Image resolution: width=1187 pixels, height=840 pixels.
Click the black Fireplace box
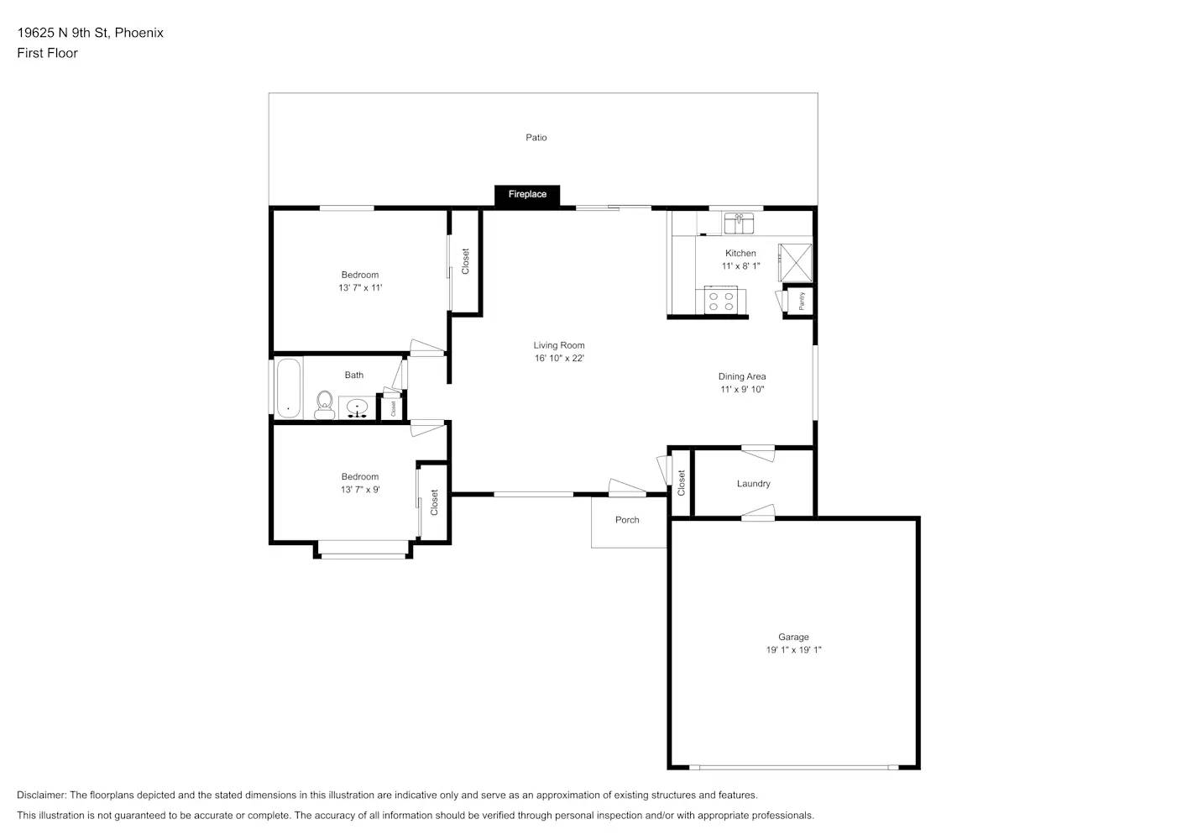click(x=527, y=195)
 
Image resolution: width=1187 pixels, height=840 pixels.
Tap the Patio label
click(x=536, y=138)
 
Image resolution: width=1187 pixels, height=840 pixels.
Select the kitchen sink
click(x=738, y=223)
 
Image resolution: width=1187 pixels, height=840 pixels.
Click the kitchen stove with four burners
click(x=721, y=301)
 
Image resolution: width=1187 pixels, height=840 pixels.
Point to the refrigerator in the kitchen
click(x=795, y=262)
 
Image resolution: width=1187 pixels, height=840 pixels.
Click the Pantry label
click(x=801, y=301)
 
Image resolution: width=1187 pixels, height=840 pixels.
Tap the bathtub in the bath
click(x=289, y=389)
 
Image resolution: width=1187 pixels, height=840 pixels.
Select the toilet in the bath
click(x=324, y=405)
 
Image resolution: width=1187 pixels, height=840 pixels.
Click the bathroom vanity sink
click(x=357, y=407)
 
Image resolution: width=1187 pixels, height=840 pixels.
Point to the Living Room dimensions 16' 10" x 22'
click(x=559, y=358)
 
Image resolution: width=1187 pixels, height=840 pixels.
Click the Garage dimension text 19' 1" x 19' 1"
click(x=793, y=649)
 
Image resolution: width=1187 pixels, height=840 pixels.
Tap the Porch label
click(x=627, y=520)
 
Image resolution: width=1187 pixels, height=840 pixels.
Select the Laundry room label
click(x=754, y=484)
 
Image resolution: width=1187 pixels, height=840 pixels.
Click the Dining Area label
click(x=742, y=376)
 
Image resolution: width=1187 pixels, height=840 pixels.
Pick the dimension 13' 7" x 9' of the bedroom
click(x=360, y=490)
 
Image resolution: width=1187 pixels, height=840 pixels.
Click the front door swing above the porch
click(x=626, y=488)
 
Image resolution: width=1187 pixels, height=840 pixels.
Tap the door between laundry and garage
click(x=758, y=512)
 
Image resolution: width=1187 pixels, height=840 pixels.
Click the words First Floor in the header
click(x=47, y=53)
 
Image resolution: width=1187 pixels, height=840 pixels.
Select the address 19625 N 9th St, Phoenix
click(x=90, y=33)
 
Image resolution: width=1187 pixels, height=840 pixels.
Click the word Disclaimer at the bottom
click(x=42, y=795)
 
